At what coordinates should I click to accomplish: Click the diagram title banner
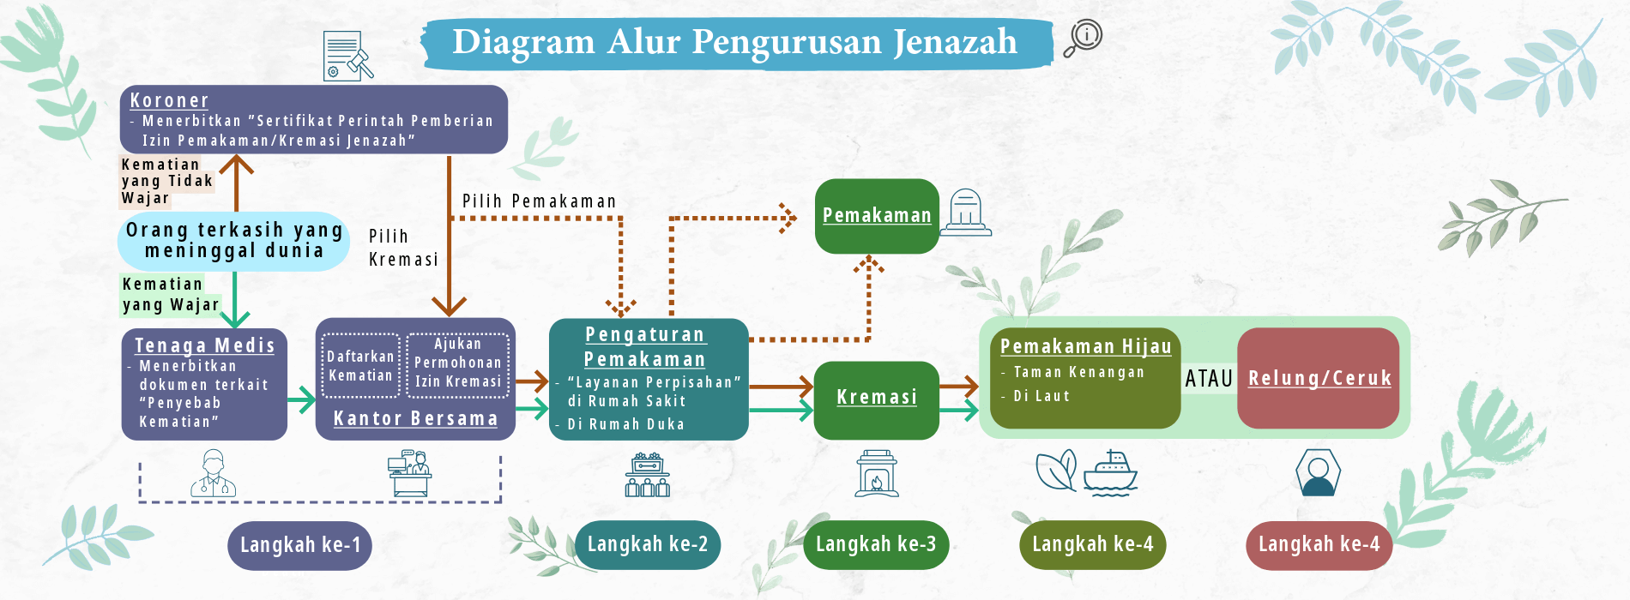click(737, 42)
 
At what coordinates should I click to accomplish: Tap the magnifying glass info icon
click(1083, 38)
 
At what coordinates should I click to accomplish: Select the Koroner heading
click(169, 100)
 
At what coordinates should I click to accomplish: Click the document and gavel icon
click(347, 56)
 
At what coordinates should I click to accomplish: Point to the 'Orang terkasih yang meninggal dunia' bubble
click(233, 241)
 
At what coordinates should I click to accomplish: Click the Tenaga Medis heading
click(204, 345)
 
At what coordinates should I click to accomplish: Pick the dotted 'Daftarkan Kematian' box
click(360, 365)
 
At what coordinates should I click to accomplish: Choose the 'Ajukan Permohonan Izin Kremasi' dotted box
click(458, 363)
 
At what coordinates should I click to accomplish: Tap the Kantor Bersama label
click(415, 418)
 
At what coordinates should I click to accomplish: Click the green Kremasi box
click(876, 399)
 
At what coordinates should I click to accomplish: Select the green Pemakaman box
click(877, 216)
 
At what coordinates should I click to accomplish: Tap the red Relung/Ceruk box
click(1319, 378)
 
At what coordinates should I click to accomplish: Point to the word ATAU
click(1209, 379)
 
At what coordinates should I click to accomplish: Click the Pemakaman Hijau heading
click(1085, 346)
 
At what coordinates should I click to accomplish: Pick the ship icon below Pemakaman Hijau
click(1110, 473)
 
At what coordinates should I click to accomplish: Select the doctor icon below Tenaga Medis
click(213, 473)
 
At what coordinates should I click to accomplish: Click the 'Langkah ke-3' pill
click(876, 544)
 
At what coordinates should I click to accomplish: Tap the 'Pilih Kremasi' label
click(403, 248)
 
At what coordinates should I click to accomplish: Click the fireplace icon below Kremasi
click(877, 473)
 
